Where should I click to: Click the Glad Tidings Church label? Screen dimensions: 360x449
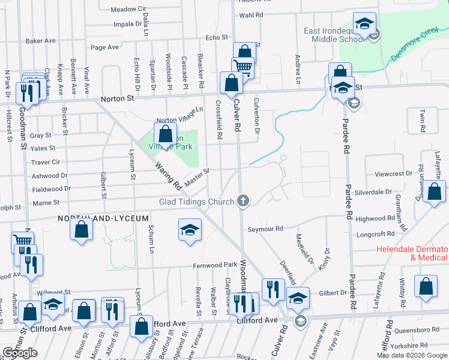[x=197, y=202]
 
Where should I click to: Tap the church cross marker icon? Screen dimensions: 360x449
[x=243, y=200]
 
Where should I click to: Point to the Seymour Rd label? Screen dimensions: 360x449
[x=265, y=229]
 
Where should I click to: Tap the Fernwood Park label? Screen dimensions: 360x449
[x=215, y=265]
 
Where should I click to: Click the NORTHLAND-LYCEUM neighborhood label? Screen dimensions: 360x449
[x=103, y=219]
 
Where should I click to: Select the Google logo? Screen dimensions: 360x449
[x=20, y=353]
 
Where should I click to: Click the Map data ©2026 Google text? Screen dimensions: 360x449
[x=412, y=355]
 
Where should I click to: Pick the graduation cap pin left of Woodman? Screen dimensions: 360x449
[x=190, y=230]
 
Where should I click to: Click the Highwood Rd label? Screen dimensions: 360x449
[x=391, y=220]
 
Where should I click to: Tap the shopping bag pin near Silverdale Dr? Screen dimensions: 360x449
[x=435, y=193]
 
